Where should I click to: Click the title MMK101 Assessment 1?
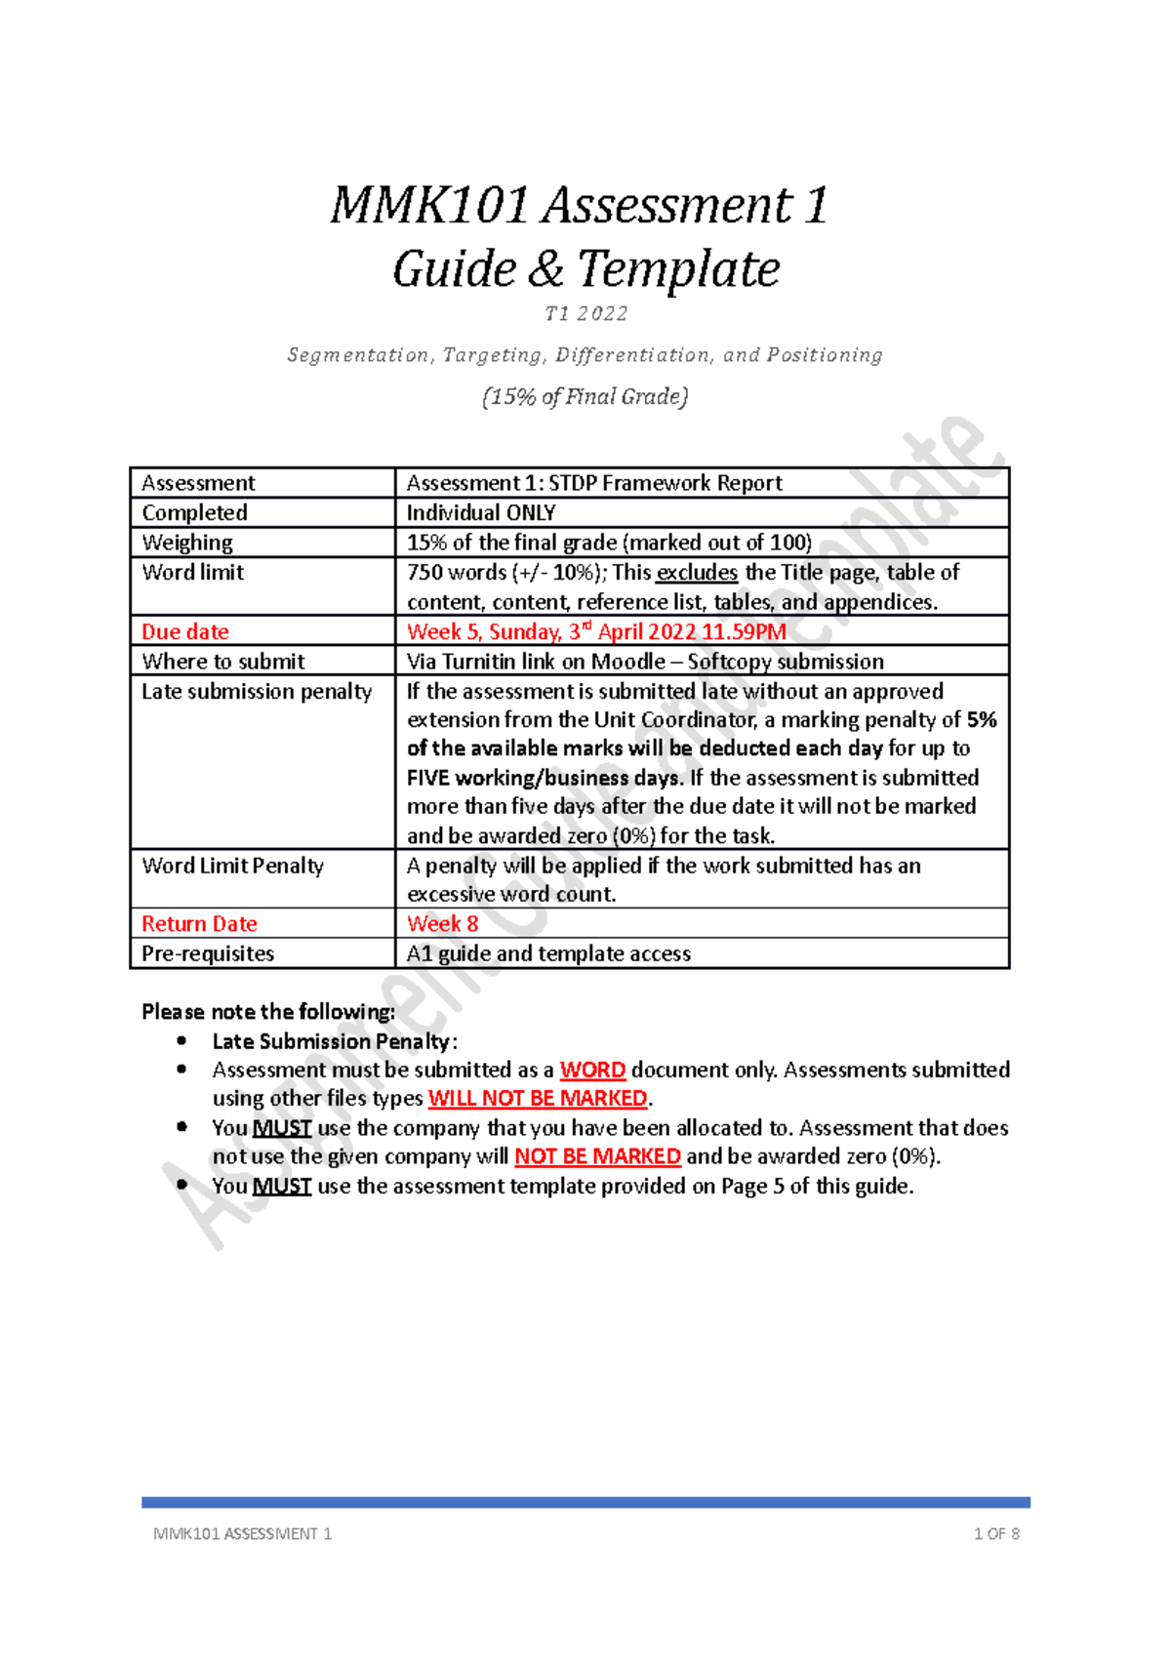tap(580, 206)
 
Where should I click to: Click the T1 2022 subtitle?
tap(585, 314)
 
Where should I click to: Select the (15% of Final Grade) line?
tap(585, 396)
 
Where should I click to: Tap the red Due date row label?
tap(185, 631)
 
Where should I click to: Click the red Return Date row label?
tap(199, 923)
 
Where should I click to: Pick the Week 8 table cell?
tap(443, 923)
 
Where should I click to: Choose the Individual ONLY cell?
tap(481, 512)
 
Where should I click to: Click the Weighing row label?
tap(187, 543)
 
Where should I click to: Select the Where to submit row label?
tap(223, 661)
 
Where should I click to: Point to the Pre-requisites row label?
tap(208, 953)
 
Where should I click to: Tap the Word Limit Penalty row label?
tap(232, 866)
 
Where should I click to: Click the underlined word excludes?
tap(697, 573)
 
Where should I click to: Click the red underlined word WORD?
tap(592, 1070)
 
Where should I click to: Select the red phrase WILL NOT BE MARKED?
tap(538, 1098)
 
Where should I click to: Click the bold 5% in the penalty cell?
tap(982, 720)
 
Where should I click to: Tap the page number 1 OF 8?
tap(996, 1533)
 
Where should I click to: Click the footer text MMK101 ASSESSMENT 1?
tap(242, 1533)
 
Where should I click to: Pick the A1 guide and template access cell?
tap(548, 953)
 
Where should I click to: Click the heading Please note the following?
tap(268, 1011)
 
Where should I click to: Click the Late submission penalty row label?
tap(257, 691)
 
